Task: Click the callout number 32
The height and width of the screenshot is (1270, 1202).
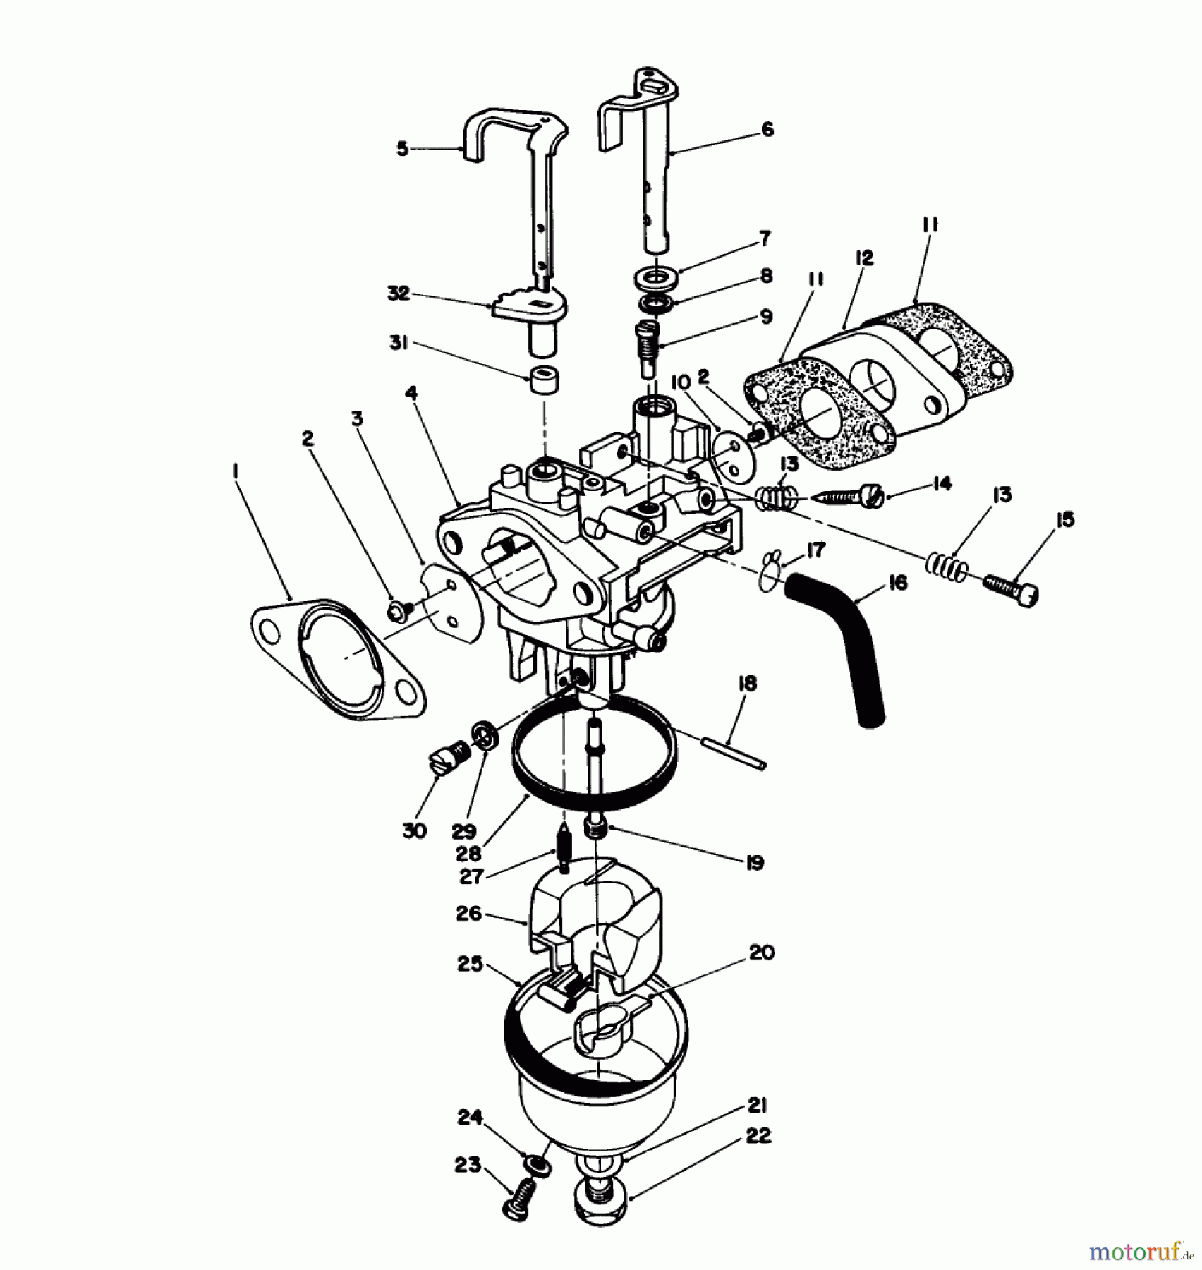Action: click(399, 293)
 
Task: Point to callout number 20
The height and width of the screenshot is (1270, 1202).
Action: click(761, 953)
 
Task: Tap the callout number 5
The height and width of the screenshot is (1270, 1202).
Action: click(402, 150)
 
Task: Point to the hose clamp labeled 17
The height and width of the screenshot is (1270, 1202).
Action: click(773, 571)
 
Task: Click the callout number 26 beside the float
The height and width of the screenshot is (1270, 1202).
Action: click(468, 914)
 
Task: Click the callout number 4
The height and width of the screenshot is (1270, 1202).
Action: click(411, 393)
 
